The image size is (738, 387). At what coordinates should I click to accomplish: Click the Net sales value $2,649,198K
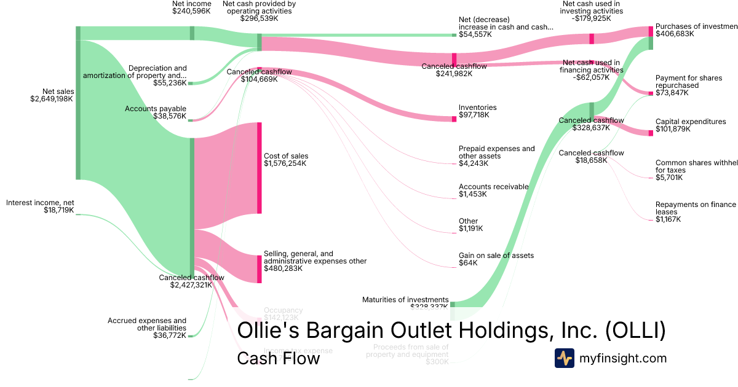pos(52,100)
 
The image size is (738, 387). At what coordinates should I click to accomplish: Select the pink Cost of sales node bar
pos(260,168)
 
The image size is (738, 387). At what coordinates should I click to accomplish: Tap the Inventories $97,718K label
pos(477,112)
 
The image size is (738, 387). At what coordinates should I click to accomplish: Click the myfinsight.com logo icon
pos(564,358)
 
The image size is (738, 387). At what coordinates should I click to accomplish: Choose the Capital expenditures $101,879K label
pos(690,125)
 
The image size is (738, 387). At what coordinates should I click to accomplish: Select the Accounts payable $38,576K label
pos(156,112)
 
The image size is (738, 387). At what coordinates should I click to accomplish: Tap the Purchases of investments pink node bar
pos(650,32)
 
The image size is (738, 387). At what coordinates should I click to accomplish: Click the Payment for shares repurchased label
pos(685,82)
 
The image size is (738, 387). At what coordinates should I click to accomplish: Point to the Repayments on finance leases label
pos(695,208)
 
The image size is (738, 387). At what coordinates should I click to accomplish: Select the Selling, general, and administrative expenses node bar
pos(260,269)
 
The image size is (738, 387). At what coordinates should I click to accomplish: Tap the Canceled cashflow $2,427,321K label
pos(191,281)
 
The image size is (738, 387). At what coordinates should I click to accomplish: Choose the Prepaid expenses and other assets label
pos(496,152)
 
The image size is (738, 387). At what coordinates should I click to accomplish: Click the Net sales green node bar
pos(78,103)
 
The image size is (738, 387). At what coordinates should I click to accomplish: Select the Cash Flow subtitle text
pos(278,358)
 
